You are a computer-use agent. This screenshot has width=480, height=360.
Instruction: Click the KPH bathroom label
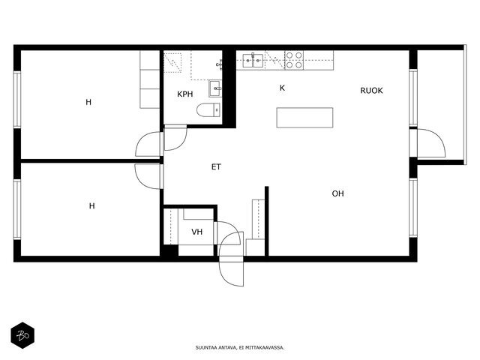[x=185, y=94]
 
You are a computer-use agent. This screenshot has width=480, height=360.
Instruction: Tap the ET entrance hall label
[x=216, y=166]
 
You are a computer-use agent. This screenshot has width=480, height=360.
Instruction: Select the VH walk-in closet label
[x=196, y=232]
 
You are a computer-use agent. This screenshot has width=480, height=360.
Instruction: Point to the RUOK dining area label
[x=371, y=91]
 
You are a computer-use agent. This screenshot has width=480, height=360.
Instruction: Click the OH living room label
[x=337, y=193]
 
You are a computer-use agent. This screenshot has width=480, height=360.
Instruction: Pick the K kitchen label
[x=282, y=88]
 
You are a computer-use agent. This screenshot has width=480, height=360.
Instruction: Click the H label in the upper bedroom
[x=88, y=102]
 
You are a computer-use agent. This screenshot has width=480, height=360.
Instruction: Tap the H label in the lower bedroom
[x=91, y=206]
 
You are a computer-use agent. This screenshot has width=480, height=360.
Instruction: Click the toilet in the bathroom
[x=208, y=110]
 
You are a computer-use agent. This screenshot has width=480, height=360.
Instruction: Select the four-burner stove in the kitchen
[x=294, y=60]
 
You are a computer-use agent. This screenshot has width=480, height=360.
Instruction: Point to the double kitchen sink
[x=253, y=60]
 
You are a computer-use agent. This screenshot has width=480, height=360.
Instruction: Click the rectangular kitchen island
[x=304, y=118]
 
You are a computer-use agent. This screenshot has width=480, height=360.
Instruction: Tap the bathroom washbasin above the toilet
[x=215, y=88]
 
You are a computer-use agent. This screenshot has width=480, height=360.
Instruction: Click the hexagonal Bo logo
[x=22, y=335]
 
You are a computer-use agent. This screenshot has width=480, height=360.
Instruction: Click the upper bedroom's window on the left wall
[x=17, y=100]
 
